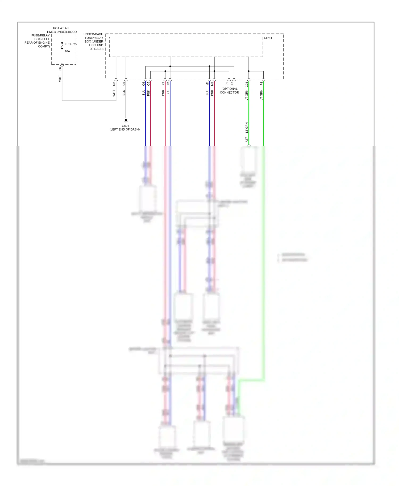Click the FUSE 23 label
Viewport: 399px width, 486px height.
(x=70, y=44)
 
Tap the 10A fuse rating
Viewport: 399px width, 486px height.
(x=67, y=51)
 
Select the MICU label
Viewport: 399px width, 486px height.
(x=268, y=38)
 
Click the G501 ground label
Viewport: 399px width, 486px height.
(x=125, y=126)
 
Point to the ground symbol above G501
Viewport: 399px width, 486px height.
(x=126, y=121)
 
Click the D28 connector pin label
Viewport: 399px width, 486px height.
(x=114, y=85)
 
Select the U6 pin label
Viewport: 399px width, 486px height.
(x=124, y=83)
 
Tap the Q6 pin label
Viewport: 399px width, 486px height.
(x=144, y=84)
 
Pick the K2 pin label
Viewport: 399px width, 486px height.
(x=163, y=84)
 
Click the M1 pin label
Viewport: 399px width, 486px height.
(x=207, y=84)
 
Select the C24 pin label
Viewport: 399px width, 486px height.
(x=247, y=85)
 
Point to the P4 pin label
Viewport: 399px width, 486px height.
(x=261, y=84)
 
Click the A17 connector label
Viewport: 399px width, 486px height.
(x=247, y=140)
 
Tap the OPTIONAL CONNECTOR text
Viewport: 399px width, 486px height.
(x=229, y=91)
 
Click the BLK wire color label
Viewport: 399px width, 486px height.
(x=124, y=93)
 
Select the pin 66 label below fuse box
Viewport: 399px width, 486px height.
(x=60, y=69)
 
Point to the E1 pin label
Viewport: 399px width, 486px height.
(x=232, y=84)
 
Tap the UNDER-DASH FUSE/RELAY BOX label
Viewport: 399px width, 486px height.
(x=94, y=41)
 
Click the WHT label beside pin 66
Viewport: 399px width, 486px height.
(x=60, y=78)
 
